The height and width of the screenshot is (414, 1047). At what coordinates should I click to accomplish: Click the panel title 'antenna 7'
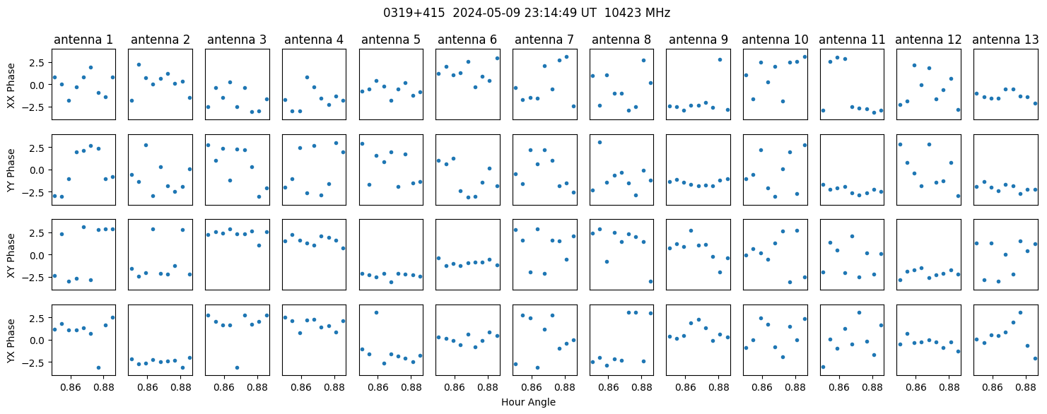544,40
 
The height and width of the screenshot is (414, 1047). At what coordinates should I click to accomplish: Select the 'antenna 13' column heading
1005,40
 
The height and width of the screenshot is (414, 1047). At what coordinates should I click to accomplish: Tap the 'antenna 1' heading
83,40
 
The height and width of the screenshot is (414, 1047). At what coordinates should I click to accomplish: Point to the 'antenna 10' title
775,40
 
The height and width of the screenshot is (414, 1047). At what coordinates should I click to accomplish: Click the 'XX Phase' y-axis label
11,85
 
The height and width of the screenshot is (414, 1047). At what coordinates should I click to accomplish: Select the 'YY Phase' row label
11,170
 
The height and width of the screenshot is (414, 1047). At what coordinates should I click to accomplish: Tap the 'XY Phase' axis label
11,256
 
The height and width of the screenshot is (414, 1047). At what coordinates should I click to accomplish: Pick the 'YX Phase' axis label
11,341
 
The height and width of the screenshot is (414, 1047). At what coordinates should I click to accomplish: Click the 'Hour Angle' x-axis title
528,402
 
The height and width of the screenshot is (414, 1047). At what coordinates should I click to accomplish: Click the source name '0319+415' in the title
414,13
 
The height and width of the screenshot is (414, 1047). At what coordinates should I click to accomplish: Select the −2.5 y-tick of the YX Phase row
37,362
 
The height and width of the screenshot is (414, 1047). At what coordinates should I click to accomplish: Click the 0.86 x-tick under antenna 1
71,387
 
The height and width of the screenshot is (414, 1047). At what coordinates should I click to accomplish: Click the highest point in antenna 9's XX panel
720,60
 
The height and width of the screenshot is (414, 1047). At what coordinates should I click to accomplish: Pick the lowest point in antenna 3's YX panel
237,368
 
